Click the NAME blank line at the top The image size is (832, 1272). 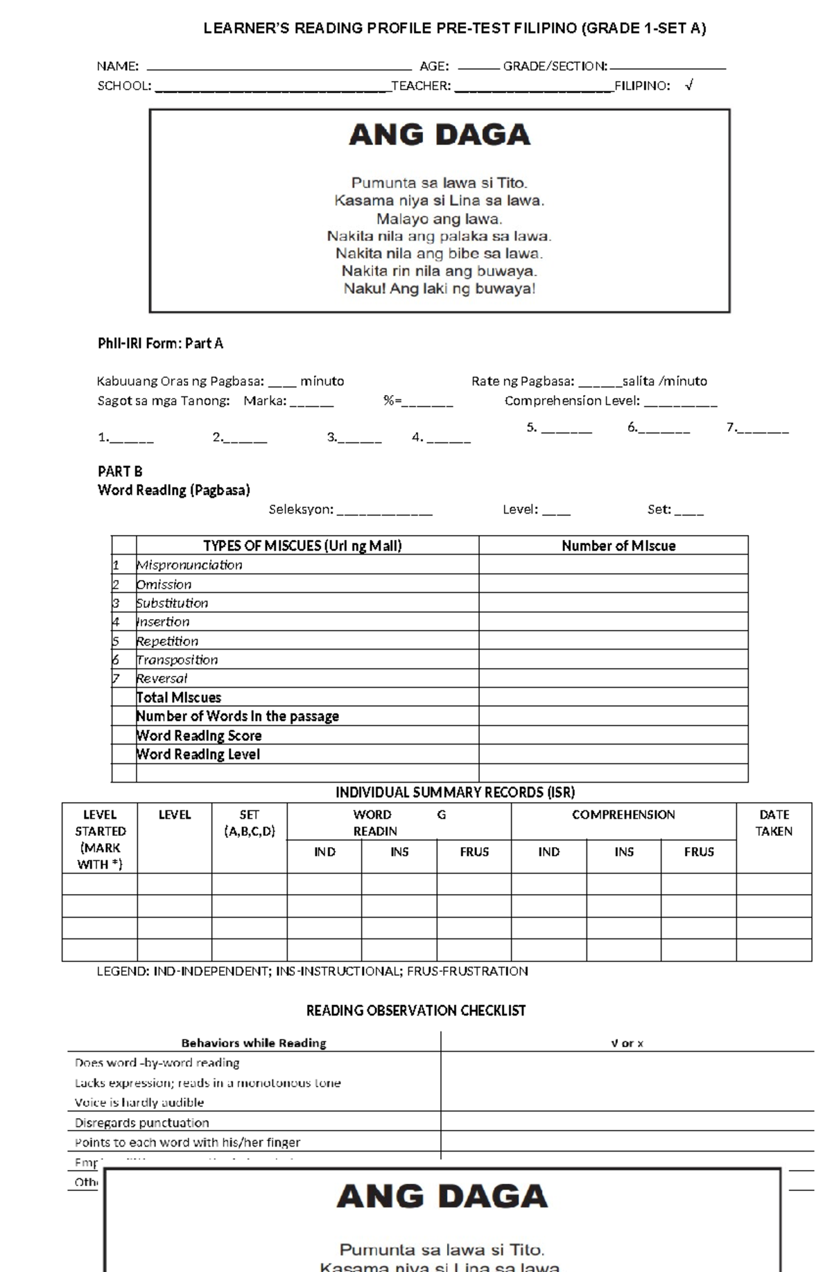pos(279,68)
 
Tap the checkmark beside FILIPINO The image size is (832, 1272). pos(688,85)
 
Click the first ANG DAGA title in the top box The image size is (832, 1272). pos(440,134)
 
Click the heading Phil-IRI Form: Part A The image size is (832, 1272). pos(160,344)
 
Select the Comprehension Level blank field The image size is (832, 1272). pos(680,402)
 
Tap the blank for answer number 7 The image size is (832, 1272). pos(763,429)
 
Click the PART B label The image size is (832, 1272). pos(120,471)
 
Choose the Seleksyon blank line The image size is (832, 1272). pos(385,512)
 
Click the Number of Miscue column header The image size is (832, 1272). pos(618,546)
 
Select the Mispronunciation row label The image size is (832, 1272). pos(189,565)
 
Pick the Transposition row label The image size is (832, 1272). pos(177,660)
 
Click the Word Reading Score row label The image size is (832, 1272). pos(199,735)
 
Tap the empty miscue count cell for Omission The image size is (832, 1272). pos(613,584)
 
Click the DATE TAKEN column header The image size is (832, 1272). pos(774,823)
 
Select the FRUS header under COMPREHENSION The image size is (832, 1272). pos(698,852)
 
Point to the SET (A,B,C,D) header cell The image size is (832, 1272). pos(249,823)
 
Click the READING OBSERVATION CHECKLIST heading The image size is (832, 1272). pos(416,1011)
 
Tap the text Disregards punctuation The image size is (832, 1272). pos(142,1122)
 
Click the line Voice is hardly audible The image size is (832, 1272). pos(139,1102)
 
